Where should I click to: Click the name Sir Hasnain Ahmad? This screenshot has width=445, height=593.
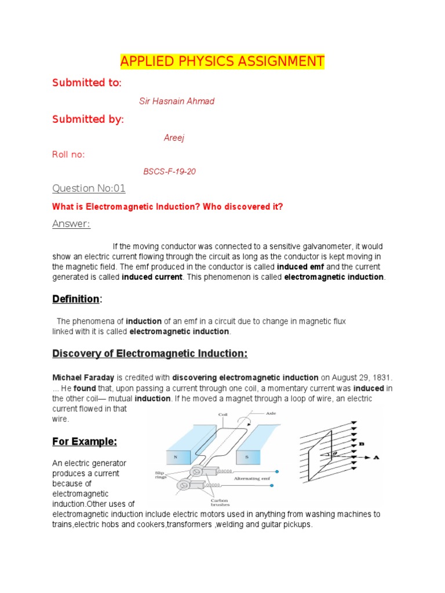177,101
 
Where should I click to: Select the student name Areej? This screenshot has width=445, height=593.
174,138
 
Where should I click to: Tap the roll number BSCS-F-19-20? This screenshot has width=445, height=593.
170,172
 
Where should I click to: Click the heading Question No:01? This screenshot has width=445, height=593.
89,188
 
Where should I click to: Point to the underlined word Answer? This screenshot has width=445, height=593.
71,224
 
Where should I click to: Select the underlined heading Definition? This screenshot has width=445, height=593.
76,299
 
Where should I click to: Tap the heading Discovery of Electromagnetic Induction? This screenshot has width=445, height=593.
150,353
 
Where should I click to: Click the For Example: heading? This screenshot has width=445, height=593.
85,442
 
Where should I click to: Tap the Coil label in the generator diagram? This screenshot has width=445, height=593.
223,415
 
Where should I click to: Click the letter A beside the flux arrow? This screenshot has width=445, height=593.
375,457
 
